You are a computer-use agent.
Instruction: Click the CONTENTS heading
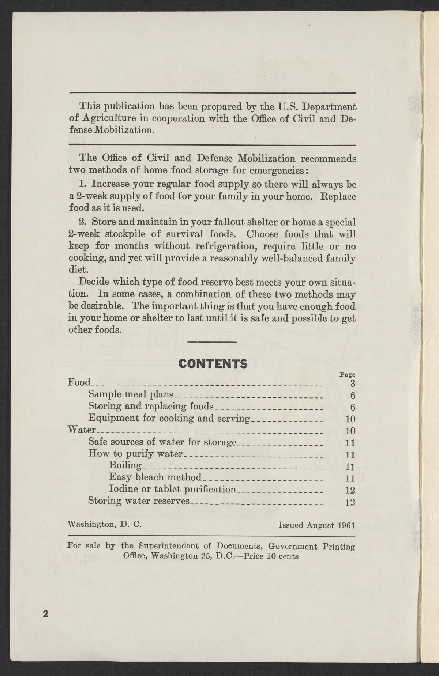coord(212,363)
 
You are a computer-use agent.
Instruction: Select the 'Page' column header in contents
coord(348,374)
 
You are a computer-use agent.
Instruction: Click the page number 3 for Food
coord(353,384)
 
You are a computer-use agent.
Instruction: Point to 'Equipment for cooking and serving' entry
coord(169,418)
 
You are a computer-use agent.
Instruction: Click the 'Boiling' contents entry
coord(125,465)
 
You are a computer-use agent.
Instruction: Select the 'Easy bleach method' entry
coord(155,477)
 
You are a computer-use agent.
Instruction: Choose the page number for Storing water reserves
coord(350,502)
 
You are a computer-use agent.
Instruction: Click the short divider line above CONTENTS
coord(212,342)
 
